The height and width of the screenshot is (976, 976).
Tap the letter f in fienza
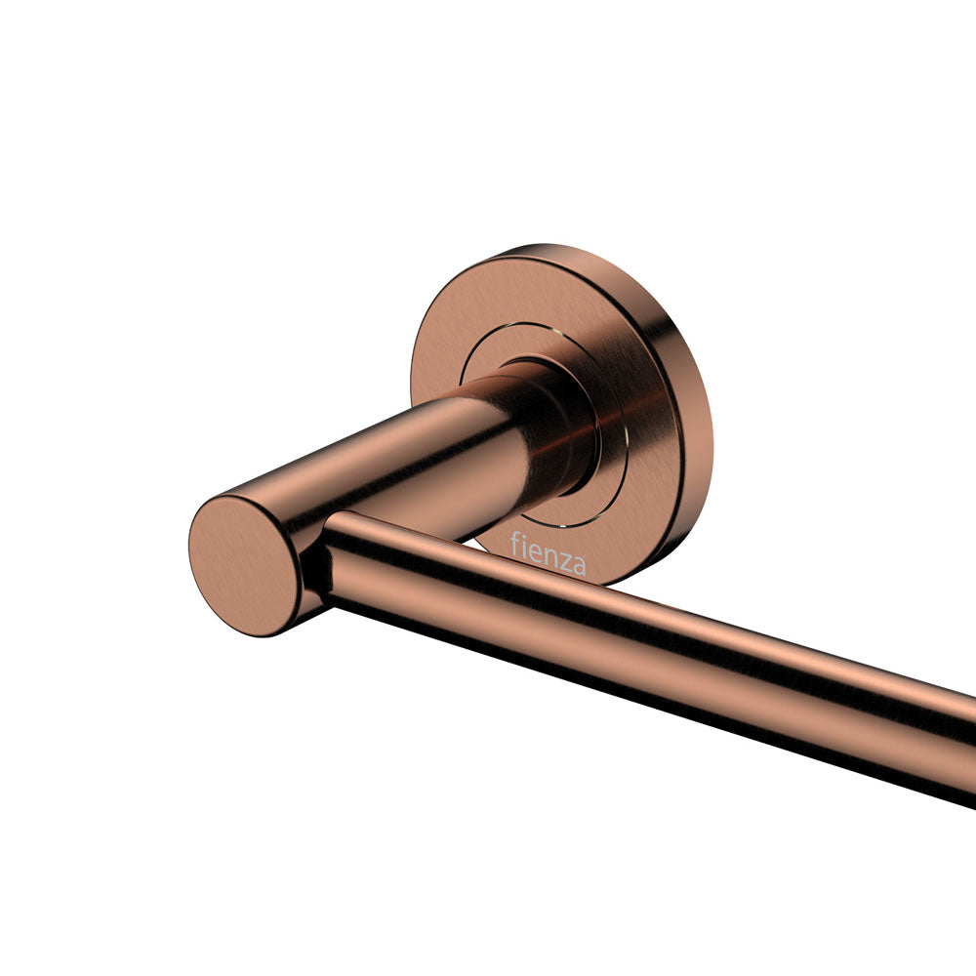[515, 543]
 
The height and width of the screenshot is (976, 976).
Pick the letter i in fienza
[525, 547]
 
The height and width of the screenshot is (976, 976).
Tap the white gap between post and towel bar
[468, 542]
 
